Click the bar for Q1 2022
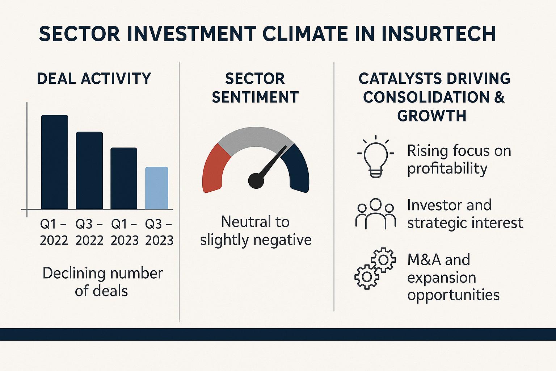(x=55, y=162)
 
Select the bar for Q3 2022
(x=89, y=171)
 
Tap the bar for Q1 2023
(x=124, y=178)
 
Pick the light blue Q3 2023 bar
(x=157, y=188)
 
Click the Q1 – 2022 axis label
(x=54, y=232)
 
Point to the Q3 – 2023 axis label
(x=159, y=232)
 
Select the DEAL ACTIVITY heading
(x=94, y=79)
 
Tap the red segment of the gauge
(x=215, y=169)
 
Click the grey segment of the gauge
(x=256, y=138)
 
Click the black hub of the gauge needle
(x=256, y=181)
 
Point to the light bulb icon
(x=375, y=157)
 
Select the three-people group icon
(x=375, y=214)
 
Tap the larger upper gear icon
(x=383, y=260)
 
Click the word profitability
(x=447, y=169)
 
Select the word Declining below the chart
(x=74, y=274)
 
